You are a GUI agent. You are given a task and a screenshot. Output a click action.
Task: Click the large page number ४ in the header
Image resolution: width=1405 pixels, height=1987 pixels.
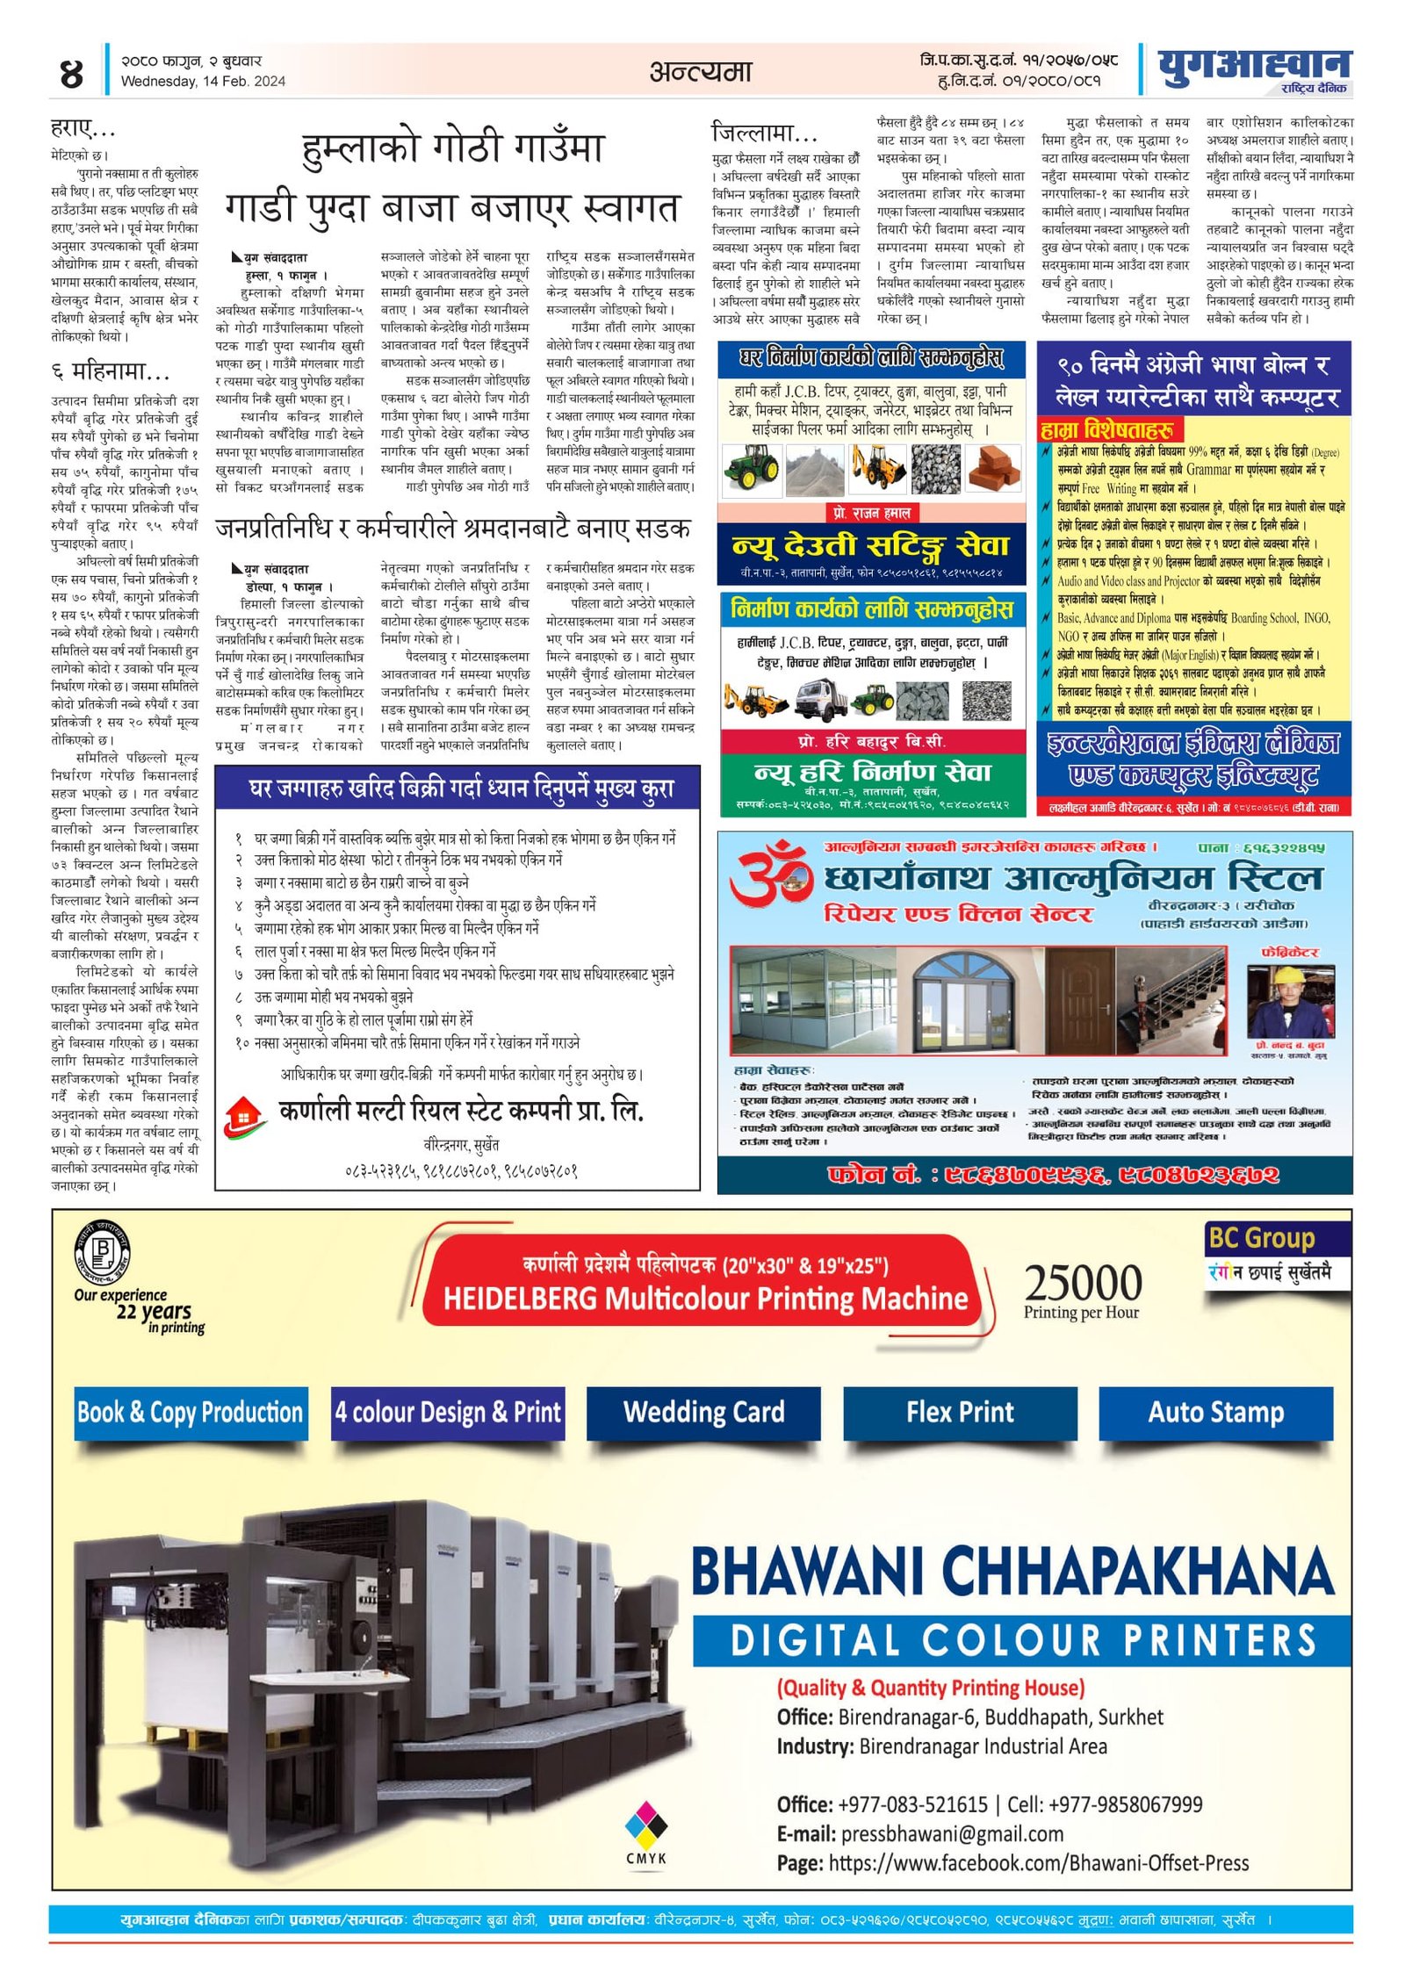point(71,73)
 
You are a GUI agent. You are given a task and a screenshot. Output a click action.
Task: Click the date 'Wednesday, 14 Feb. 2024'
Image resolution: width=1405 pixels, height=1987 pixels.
point(203,82)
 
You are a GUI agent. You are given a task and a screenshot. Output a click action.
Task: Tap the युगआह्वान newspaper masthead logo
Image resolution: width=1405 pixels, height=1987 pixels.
point(1253,68)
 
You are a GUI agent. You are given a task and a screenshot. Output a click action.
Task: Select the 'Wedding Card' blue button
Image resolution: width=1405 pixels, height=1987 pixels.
point(703,1413)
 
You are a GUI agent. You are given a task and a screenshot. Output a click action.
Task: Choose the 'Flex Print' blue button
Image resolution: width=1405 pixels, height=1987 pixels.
point(960,1413)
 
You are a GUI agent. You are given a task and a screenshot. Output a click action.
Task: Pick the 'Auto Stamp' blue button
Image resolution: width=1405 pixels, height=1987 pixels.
point(1215,1413)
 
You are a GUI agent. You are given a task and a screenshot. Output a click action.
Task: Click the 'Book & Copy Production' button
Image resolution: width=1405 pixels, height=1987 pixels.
point(191,1413)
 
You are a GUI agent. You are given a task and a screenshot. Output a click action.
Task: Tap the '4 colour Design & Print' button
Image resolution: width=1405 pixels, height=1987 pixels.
point(447,1413)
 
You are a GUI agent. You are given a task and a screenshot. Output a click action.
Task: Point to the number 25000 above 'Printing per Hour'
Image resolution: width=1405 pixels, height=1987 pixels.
point(1083,1284)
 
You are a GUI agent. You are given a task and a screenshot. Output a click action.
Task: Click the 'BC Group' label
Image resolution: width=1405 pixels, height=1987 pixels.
point(1261,1238)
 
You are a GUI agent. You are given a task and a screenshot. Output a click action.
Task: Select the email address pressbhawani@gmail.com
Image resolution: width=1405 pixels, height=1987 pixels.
point(952,1833)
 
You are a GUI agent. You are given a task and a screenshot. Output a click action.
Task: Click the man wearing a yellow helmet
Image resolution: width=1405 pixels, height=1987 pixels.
point(1290,1002)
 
